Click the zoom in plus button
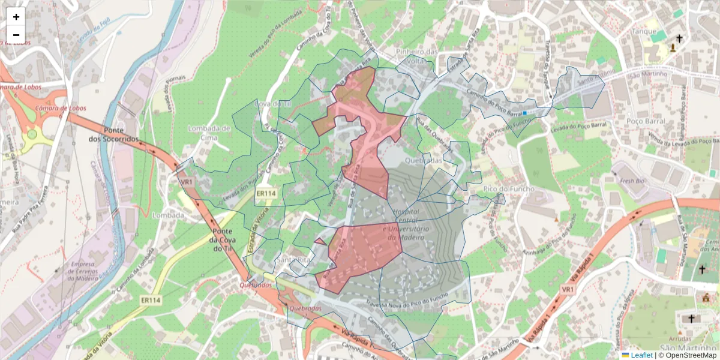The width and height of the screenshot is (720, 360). coord(16,17)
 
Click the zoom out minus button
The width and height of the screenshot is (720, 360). coord(16,35)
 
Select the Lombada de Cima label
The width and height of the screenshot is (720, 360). coord(209,133)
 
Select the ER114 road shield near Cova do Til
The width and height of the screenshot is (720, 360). coord(266,193)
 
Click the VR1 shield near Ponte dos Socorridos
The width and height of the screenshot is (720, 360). coord(187,181)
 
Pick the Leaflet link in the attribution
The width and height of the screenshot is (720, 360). coord(641,355)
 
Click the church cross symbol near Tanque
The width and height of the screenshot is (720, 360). coord(679,39)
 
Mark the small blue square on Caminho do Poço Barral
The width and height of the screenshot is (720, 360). coord(524,113)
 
